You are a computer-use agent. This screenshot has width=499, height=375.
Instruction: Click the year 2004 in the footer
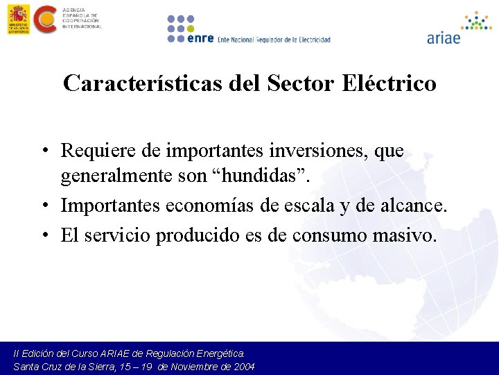point(243,366)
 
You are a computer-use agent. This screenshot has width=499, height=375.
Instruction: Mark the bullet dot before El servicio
point(43,236)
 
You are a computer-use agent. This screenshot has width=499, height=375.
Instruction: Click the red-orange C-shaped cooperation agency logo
point(46,19)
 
